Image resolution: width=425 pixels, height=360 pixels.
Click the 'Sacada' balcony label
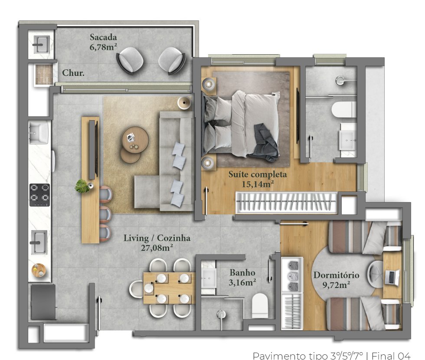click(103, 37)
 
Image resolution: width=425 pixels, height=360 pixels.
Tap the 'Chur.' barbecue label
click(73, 73)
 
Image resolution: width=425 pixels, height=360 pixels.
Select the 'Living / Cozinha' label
click(157, 238)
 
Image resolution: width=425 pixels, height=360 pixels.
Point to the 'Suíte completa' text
click(258, 174)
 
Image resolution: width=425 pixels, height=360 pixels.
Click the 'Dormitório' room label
click(337, 275)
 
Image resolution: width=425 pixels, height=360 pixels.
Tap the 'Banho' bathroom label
click(242, 272)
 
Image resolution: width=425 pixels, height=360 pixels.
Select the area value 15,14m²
click(258, 184)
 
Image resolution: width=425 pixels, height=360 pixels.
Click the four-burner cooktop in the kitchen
click(39, 195)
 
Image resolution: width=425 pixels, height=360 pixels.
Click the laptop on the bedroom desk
click(392, 277)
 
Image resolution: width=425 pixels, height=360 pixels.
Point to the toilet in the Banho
click(260, 305)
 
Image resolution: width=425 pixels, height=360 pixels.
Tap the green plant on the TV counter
click(82, 186)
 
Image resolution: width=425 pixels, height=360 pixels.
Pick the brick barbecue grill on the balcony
click(44, 74)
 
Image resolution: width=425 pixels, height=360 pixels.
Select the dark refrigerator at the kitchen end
click(43, 302)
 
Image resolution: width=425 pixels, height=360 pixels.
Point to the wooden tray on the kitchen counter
click(39, 270)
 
